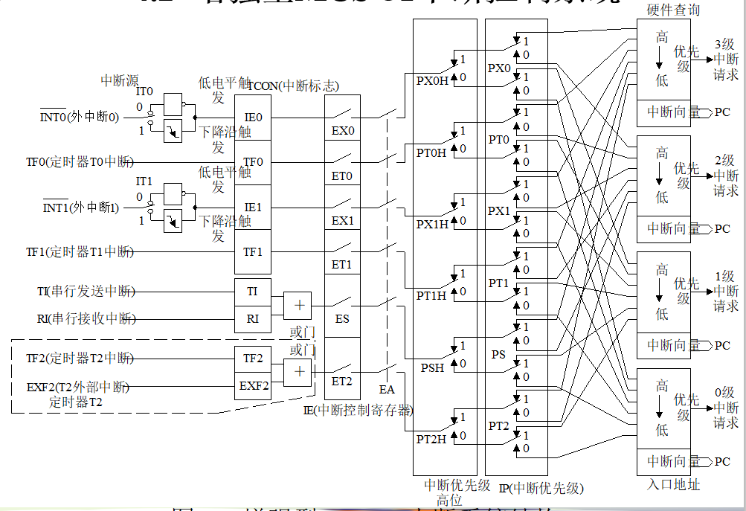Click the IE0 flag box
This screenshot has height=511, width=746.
(x=253, y=118)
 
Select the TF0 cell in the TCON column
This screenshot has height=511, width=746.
(x=253, y=161)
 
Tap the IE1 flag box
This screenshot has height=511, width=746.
(x=253, y=207)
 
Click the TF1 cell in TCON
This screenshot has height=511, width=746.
(x=253, y=251)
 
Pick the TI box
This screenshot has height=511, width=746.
(x=253, y=292)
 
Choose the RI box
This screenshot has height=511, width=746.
(x=253, y=319)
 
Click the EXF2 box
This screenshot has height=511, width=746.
(x=254, y=386)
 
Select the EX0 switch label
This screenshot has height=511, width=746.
(x=343, y=132)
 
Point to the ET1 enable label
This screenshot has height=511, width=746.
(x=342, y=265)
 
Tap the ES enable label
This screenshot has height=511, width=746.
(x=342, y=319)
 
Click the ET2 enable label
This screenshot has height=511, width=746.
(x=342, y=381)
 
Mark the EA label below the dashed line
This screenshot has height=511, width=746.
(x=387, y=389)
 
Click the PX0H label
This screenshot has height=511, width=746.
(x=432, y=81)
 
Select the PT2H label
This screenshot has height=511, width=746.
(x=431, y=440)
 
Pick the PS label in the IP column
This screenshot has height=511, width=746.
(x=498, y=354)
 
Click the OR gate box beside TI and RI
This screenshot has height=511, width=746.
(x=298, y=305)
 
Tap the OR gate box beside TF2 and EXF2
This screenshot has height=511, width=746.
(x=298, y=372)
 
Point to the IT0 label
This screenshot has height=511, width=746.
(x=144, y=91)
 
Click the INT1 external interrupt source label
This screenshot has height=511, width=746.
(x=80, y=208)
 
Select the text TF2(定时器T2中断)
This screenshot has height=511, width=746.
(x=80, y=358)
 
